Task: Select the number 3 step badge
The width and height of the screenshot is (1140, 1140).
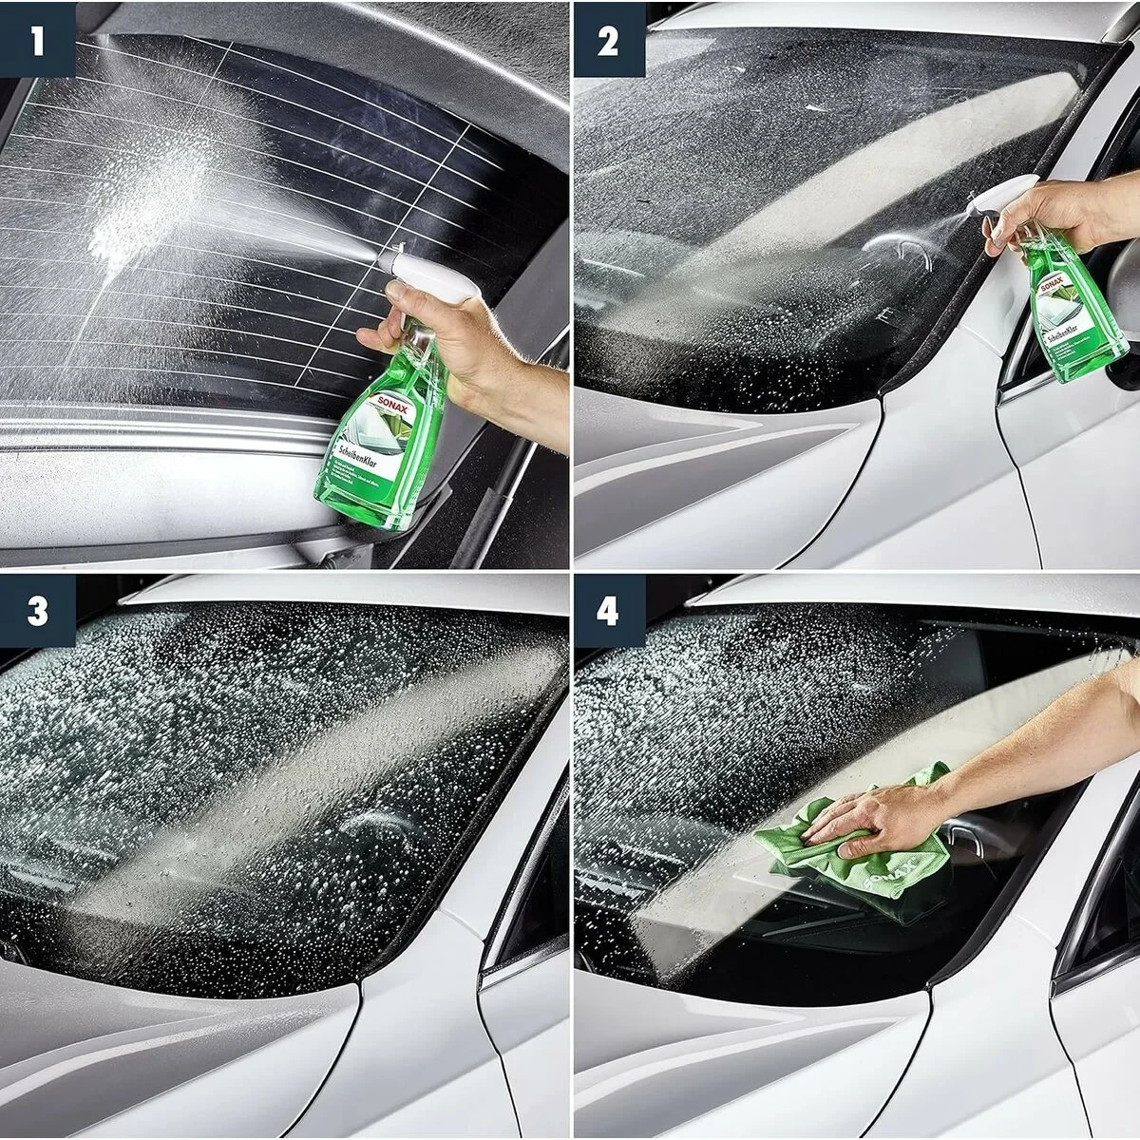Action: (37, 611)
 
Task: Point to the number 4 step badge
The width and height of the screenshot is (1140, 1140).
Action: (608, 611)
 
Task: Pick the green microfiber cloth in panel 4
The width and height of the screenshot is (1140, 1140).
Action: (855, 845)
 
